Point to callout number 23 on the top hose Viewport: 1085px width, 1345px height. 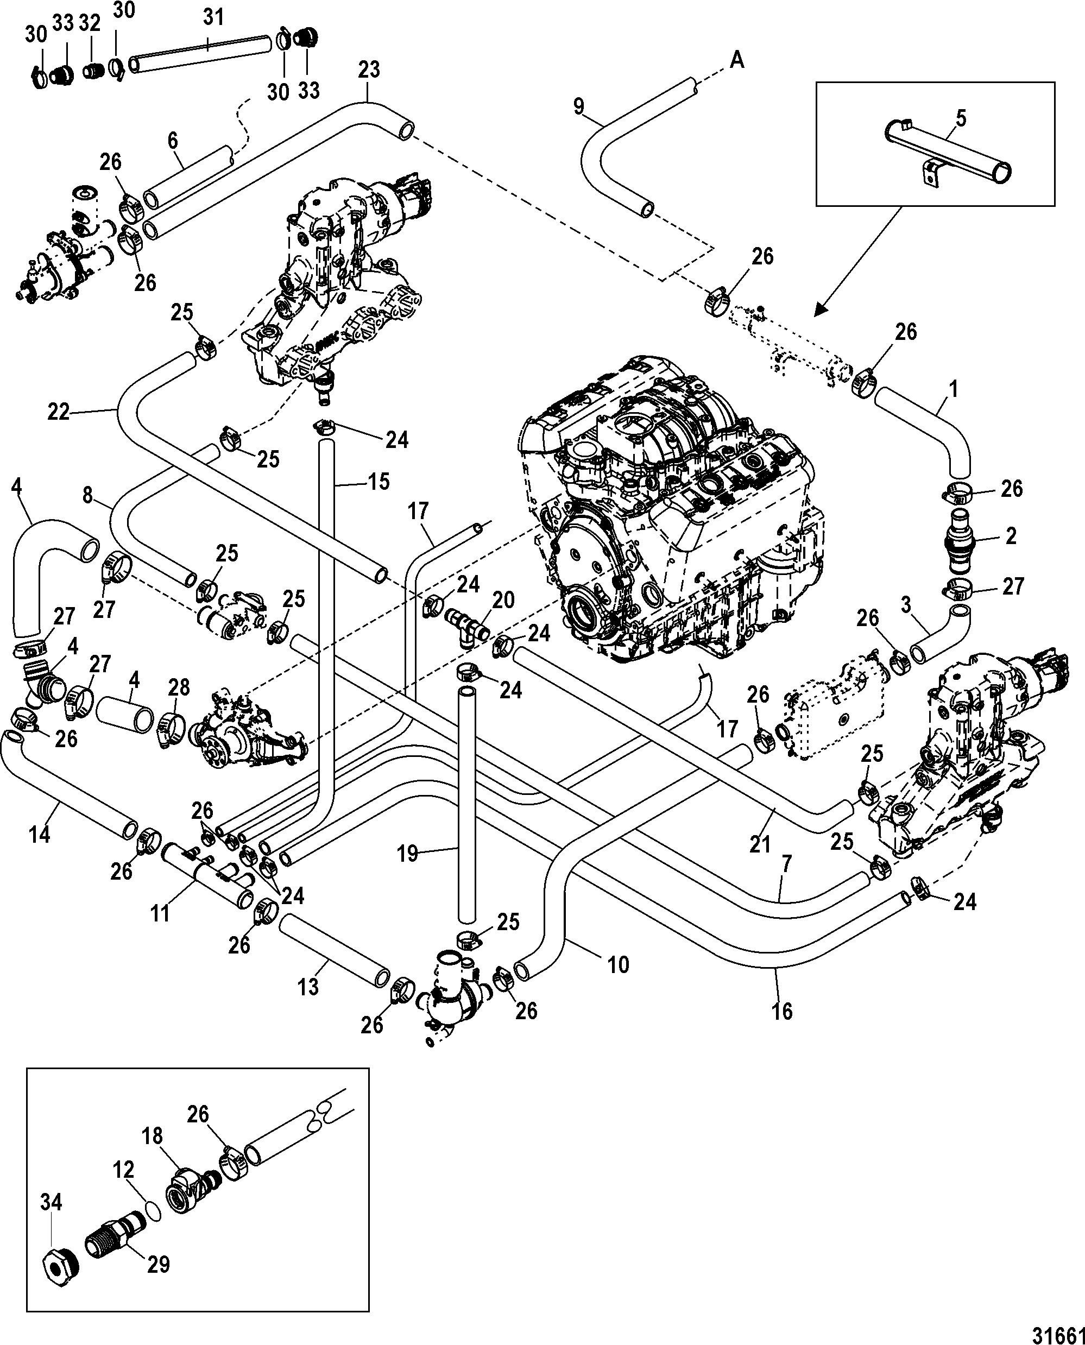coord(369,70)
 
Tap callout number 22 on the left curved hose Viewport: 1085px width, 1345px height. coord(59,413)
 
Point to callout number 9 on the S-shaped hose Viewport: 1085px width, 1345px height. coord(579,107)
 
